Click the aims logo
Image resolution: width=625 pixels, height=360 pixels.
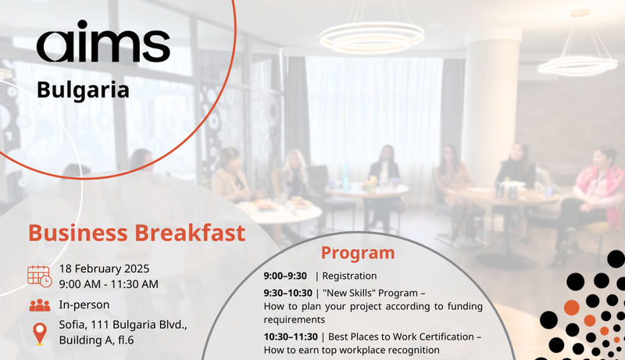(x=102, y=46)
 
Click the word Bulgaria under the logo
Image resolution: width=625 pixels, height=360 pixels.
(x=83, y=91)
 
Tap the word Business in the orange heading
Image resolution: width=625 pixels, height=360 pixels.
(x=78, y=233)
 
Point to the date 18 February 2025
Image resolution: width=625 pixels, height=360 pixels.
(x=104, y=269)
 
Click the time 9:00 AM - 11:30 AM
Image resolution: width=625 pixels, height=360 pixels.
(x=108, y=283)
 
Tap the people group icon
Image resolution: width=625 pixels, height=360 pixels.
(x=39, y=305)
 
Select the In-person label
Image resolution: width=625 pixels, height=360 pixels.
(x=84, y=305)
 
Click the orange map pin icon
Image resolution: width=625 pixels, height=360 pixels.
(x=39, y=333)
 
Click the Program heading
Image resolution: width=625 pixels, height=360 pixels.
(x=358, y=253)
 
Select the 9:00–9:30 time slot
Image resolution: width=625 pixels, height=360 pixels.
(x=285, y=276)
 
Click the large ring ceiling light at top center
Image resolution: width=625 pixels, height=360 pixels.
(x=371, y=37)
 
